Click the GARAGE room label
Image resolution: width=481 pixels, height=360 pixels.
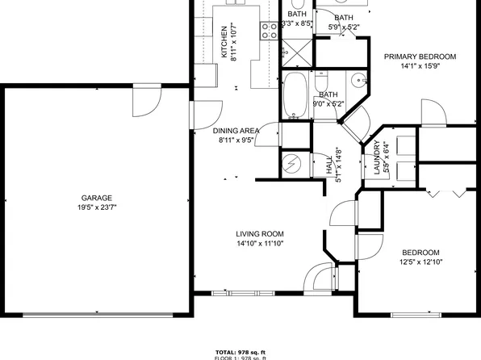pos(96,198)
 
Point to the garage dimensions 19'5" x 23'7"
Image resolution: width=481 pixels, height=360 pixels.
pos(96,207)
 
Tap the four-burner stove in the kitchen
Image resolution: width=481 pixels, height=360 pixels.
pos(267,31)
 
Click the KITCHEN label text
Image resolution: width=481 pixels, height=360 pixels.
pos(224,42)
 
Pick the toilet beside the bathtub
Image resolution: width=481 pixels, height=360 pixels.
pos(320,83)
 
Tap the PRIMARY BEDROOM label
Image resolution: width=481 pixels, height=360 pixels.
pos(420,57)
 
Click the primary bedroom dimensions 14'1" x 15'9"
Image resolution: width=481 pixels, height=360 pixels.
pos(420,67)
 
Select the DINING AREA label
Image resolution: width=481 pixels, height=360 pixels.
pos(236,131)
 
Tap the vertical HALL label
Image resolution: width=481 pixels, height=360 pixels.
pos(329,165)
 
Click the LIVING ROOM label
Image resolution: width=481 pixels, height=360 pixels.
pos(259,233)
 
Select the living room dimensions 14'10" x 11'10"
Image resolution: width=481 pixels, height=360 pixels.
pos(259,243)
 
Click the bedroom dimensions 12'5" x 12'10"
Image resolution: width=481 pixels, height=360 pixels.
pos(420,262)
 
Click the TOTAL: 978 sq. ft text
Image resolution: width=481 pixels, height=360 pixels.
pos(240,352)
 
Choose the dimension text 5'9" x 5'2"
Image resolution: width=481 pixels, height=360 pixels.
pos(343,27)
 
